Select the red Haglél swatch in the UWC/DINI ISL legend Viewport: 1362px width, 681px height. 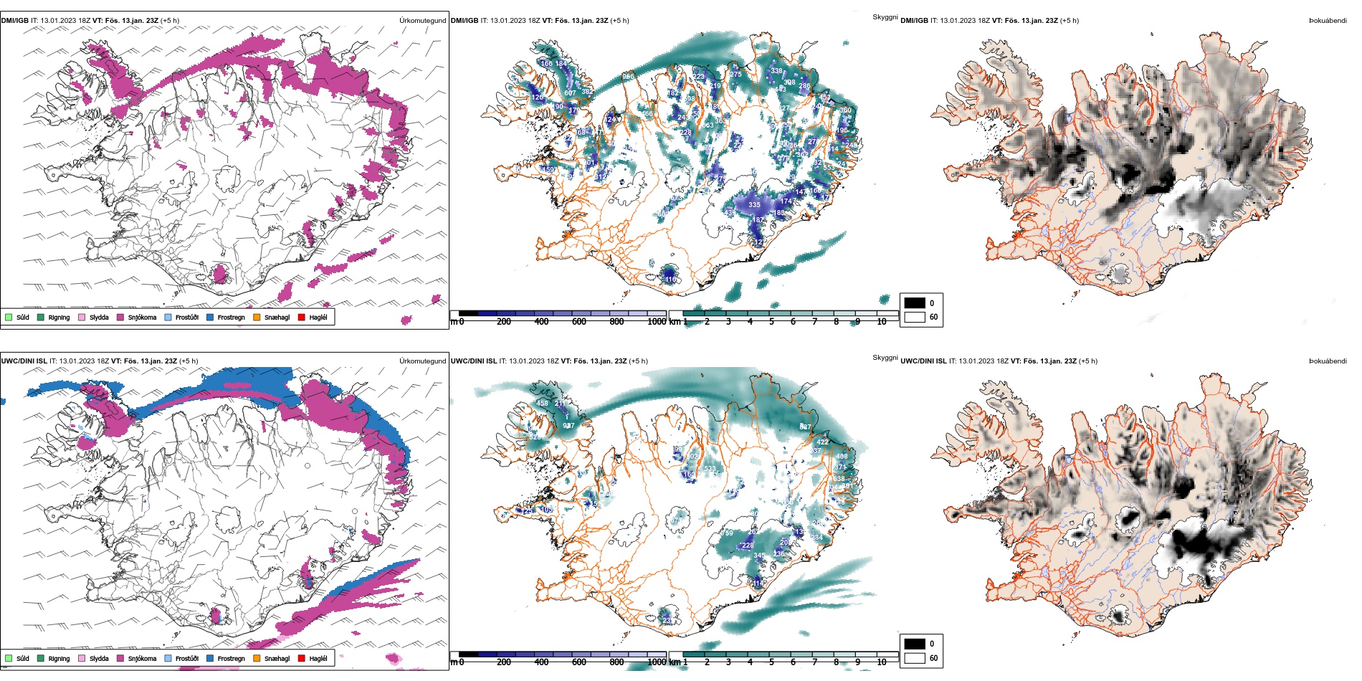point(302,658)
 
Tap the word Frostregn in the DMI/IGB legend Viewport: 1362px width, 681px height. point(231,318)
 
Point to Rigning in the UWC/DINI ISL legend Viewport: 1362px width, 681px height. point(59,659)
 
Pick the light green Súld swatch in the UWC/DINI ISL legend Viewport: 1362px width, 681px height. point(9,658)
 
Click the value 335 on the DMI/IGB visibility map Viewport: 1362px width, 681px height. point(754,205)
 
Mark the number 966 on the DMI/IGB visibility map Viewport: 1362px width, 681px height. point(628,77)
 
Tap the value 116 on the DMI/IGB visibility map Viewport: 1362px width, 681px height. point(670,280)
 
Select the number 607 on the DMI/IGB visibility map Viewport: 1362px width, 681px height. point(570,93)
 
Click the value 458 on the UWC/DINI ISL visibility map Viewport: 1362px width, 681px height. point(543,404)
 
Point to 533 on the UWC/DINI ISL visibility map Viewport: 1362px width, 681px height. point(710,470)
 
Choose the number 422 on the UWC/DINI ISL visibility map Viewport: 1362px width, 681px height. point(823,442)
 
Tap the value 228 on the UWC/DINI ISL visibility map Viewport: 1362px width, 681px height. point(748,546)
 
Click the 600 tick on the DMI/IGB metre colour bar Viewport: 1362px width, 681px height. point(579,322)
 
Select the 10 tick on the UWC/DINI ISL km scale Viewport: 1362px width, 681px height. point(882,662)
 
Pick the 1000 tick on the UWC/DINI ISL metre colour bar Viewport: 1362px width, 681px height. point(657,662)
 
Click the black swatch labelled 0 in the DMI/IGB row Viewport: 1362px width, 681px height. point(915,303)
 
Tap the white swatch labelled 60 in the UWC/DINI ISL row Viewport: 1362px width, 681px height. point(915,658)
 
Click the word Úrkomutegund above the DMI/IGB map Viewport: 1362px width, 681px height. point(422,21)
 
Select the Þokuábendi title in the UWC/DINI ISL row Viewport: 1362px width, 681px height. point(1328,361)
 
